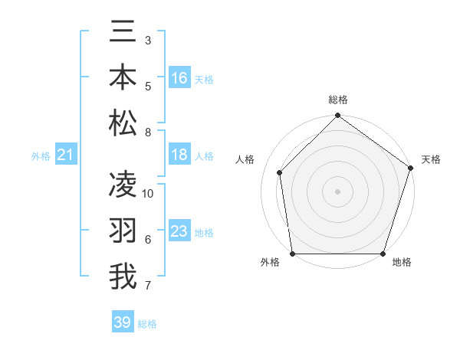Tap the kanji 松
(x=123, y=123)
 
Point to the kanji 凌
(x=123, y=185)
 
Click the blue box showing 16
(x=179, y=77)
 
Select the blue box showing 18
(x=179, y=155)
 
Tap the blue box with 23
(x=179, y=231)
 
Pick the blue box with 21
(x=66, y=155)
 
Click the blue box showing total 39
(x=122, y=322)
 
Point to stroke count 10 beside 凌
(x=148, y=194)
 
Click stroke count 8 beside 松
(x=148, y=133)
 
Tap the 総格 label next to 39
(x=148, y=324)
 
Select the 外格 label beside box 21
(x=41, y=156)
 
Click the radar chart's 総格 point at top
(x=337, y=116)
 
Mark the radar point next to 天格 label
(x=410, y=169)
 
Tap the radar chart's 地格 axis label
(x=402, y=263)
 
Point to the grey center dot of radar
(x=337, y=191)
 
